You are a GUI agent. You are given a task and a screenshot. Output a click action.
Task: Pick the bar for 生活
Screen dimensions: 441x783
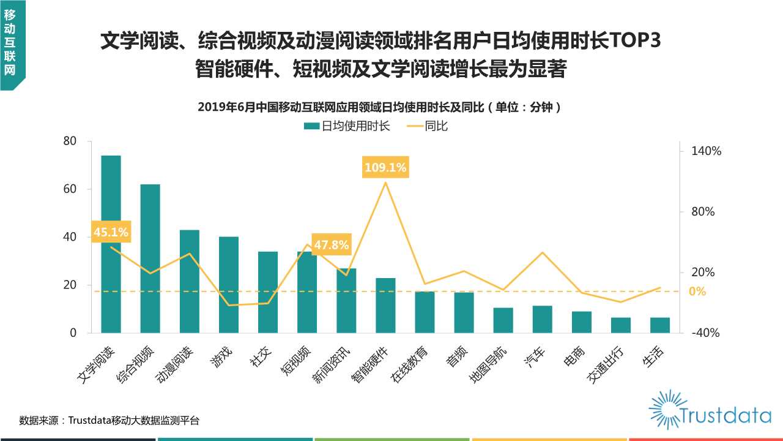(660, 325)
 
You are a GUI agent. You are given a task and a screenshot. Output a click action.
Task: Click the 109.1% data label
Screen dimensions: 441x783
(385, 167)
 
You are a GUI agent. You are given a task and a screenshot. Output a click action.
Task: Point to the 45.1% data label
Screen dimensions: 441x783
(111, 232)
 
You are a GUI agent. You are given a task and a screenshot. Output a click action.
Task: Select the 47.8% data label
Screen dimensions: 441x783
(331, 245)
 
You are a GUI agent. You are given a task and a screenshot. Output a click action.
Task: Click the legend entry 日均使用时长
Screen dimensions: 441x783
(347, 126)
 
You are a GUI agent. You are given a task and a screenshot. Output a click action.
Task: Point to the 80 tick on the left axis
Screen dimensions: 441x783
(70, 141)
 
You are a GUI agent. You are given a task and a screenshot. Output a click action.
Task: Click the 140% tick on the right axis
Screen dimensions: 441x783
(707, 151)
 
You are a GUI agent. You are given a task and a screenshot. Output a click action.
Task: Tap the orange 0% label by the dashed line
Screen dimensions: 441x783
(697, 292)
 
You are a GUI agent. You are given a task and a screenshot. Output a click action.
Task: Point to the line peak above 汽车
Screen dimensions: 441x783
(543, 252)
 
